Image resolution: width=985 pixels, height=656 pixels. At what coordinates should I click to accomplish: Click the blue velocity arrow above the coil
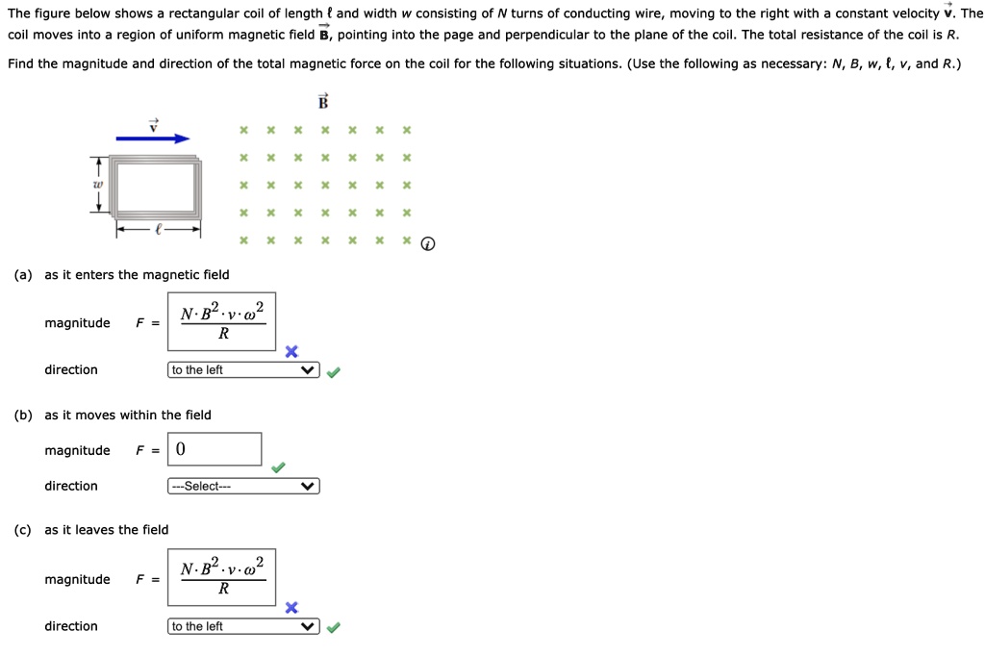click(x=153, y=139)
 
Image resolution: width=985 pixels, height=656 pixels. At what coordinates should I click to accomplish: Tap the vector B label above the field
click(x=323, y=101)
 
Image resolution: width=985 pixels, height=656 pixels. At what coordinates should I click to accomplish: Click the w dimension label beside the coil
click(x=97, y=185)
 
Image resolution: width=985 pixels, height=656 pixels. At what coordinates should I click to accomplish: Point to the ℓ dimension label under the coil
click(x=159, y=230)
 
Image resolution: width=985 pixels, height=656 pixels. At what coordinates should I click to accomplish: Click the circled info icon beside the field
click(x=428, y=243)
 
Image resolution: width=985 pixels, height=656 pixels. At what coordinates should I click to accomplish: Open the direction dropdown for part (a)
click(x=243, y=370)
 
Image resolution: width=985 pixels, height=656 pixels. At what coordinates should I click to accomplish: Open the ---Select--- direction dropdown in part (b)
click(x=243, y=487)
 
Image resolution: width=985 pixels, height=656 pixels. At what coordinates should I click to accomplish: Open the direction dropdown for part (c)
click(x=243, y=626)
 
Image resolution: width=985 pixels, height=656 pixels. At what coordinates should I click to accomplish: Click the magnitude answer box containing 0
click(x=215, y=449)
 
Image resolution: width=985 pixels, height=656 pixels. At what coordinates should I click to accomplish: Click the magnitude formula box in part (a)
click(x=222, y=321)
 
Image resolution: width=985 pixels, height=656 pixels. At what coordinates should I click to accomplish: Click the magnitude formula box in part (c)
click(x=222, y=577)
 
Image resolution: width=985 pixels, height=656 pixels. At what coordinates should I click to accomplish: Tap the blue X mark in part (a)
click(x=291, y=351)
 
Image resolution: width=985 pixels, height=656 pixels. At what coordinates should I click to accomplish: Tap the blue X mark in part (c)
click(x=291, y=608)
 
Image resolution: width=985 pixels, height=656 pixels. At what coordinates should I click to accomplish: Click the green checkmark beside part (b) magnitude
click(x=278, y=467)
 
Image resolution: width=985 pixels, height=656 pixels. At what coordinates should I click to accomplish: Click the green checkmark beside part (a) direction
click(x=334, y=372)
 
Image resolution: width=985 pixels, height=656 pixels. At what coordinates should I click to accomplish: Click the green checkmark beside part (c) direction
click(x=334, y=627)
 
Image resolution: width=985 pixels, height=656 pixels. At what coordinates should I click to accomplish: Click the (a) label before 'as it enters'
click(x=23, y=274)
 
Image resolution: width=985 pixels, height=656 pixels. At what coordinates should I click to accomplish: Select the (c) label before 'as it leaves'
click(x=23, y=530)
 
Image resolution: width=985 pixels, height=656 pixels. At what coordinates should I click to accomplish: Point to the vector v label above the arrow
click(x=153, y=125)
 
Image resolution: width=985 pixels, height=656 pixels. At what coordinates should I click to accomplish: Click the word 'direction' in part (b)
click(x=71, y=486)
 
